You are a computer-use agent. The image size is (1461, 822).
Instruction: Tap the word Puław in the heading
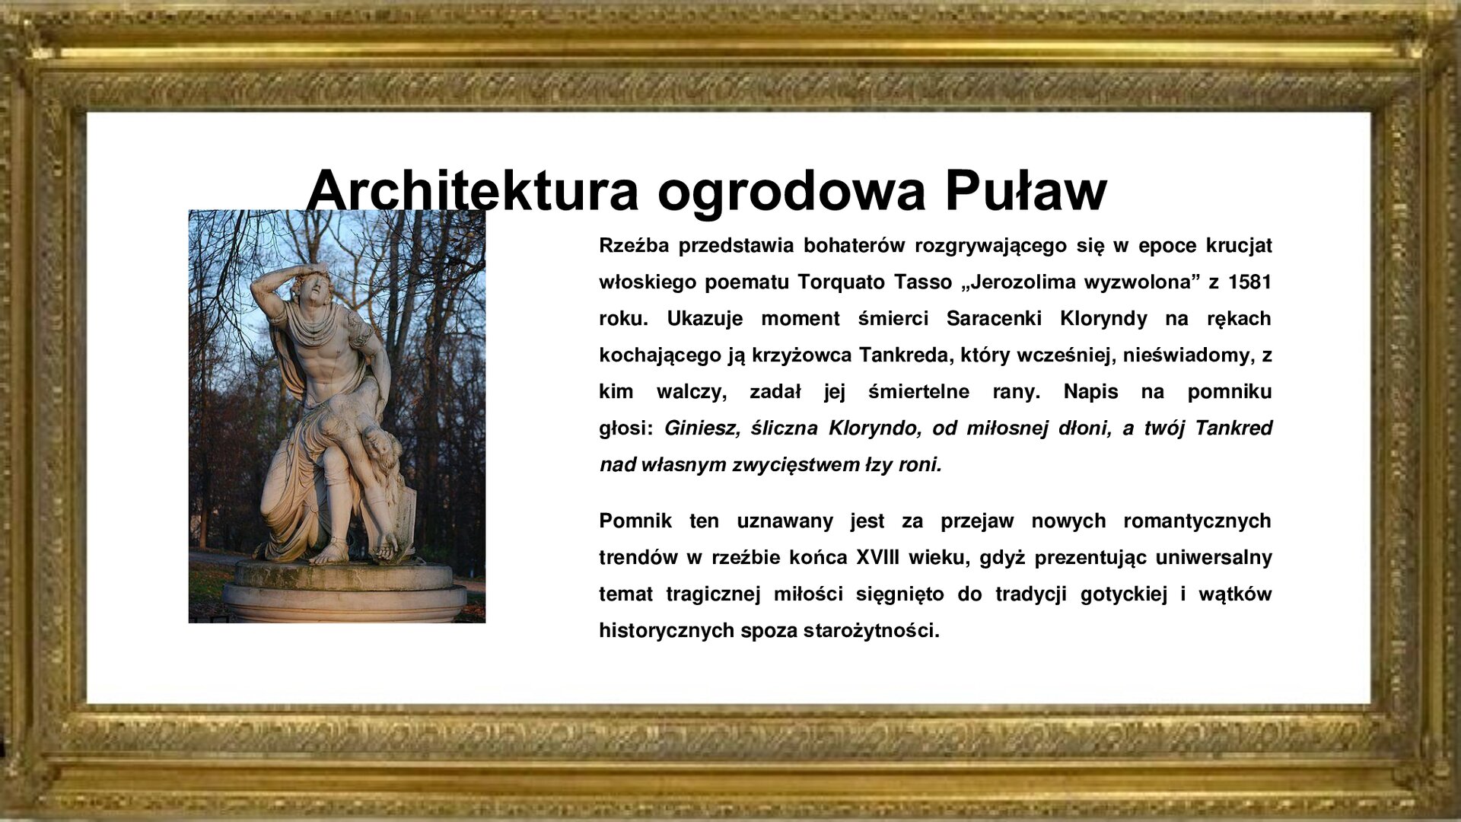click(x=1025, y=190)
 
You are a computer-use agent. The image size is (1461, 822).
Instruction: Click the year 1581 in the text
click(x=1249, y=282)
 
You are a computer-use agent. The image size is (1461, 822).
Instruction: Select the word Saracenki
click(x=993, y=319)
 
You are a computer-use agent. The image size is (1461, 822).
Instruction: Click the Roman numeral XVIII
click(x=877, y=558)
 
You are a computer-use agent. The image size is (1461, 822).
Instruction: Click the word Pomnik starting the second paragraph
click(x=635, y=521)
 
